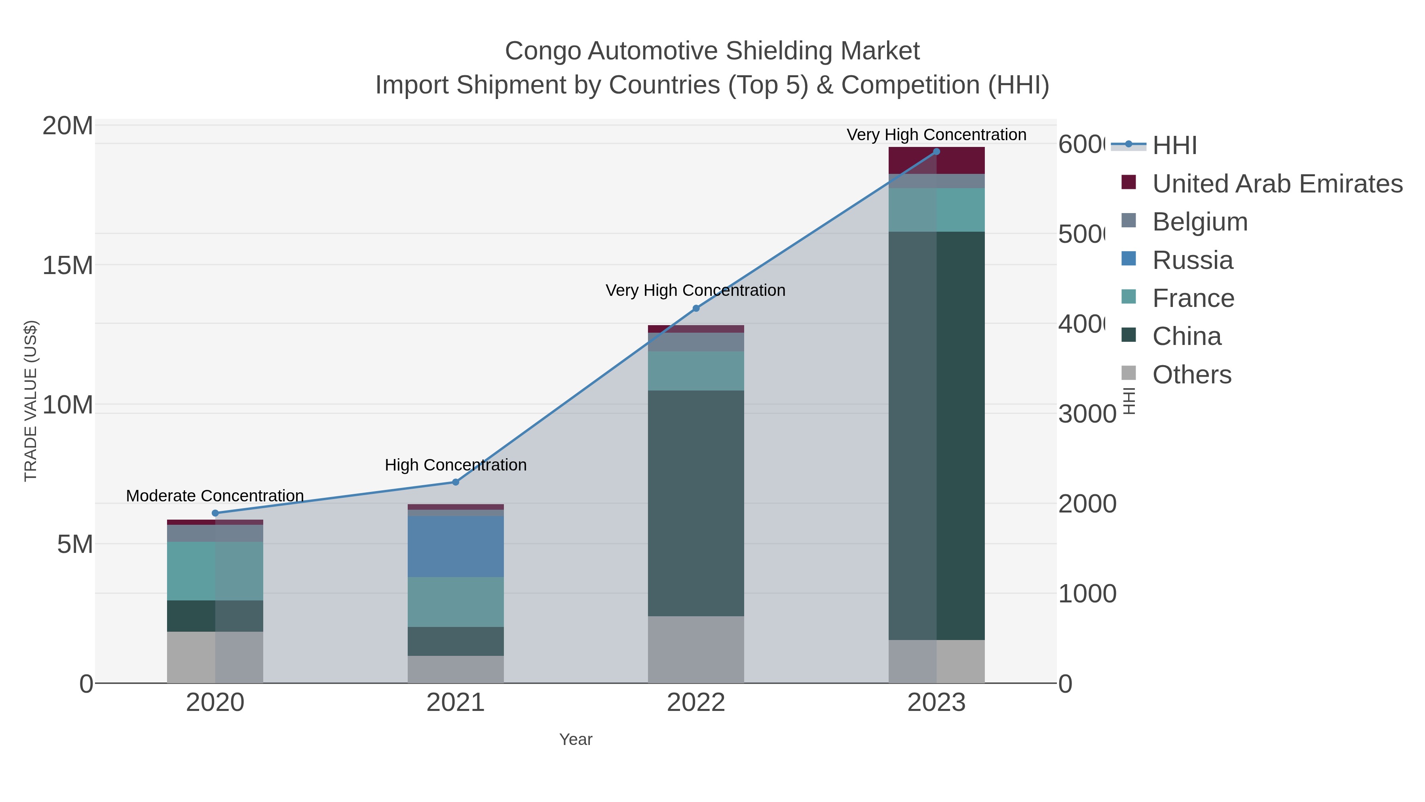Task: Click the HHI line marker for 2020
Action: click(215, 513)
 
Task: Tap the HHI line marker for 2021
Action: click(455, 482)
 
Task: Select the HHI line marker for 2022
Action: click(696, 308)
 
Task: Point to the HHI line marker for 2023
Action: click(937, 152)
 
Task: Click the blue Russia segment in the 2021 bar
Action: click(455, 547)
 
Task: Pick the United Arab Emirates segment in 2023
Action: click(937, 160)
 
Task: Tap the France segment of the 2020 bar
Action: click(215, 571)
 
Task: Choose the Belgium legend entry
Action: click(1200, 222)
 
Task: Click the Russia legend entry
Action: click(1193, 260)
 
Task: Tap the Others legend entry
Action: click(1191, 375)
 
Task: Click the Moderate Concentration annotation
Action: click(215, 496)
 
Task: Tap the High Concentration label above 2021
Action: click(455, 465)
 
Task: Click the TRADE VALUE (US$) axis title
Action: click(31, 401)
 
